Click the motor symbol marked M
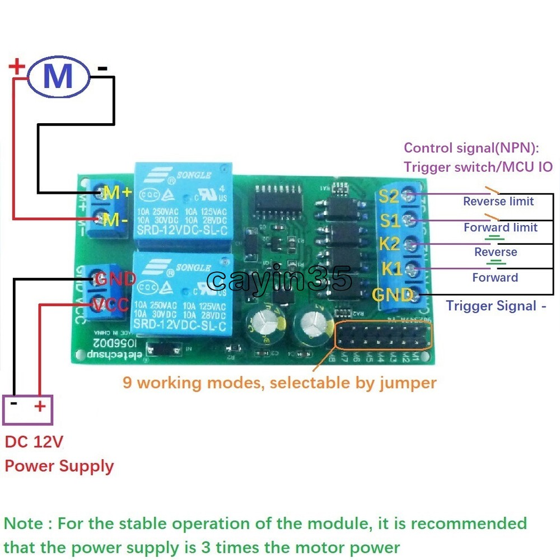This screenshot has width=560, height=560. pos(58,77)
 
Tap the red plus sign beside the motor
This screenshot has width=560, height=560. pos(17,68)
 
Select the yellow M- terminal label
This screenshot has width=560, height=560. pos(116,220)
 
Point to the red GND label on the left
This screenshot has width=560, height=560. pos(115,278)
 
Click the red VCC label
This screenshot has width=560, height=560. pos(112,305)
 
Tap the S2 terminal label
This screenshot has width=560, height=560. pos(389,197)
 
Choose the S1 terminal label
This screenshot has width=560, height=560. pos(389,221)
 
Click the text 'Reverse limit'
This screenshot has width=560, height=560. pos(498,202)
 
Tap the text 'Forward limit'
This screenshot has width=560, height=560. pos(500,227)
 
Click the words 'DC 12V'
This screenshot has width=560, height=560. pos(34,442)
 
